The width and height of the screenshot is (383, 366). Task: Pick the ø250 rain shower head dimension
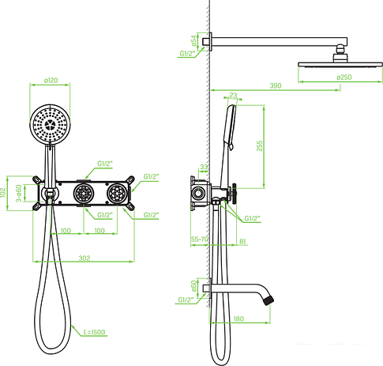[x=344, y=77]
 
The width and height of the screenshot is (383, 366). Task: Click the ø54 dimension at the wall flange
[x=193, y=39]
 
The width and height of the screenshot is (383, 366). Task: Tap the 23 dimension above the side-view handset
[x=232, y=96]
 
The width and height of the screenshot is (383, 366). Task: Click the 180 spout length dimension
[x=238, y=319]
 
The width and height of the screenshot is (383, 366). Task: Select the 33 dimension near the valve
[x=204, y=167]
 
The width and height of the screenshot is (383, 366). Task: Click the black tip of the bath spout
[x=272, y=301]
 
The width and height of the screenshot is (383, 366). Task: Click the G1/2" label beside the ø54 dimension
[x=188, y=54]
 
